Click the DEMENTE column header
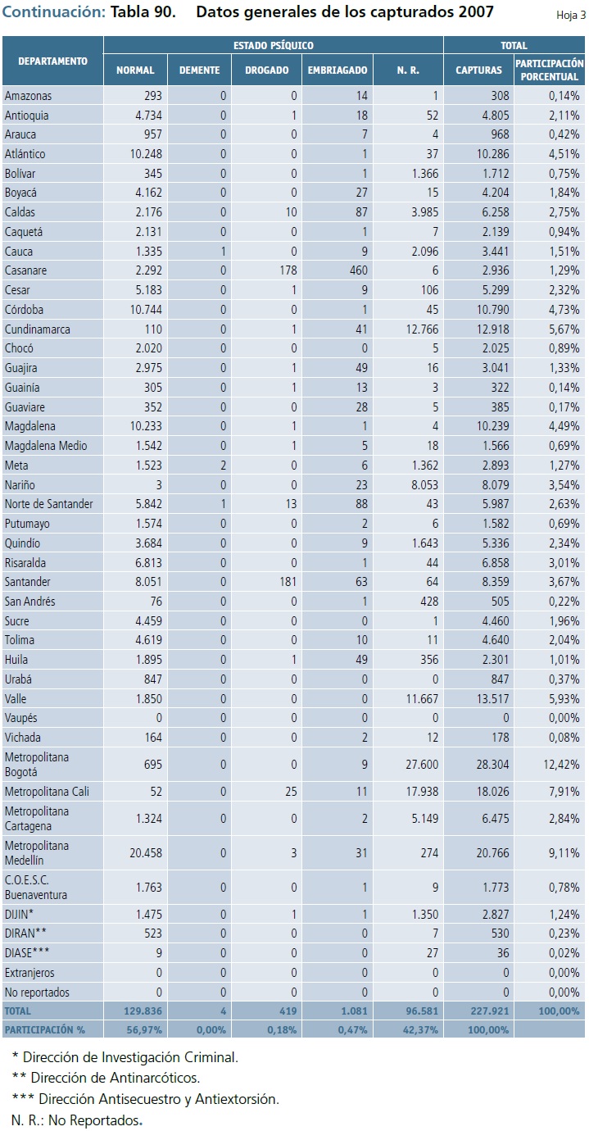199,70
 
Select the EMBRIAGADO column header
338,70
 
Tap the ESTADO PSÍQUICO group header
273,46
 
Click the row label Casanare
25,270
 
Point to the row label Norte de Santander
48,503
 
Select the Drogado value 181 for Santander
277,581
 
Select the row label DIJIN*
19,914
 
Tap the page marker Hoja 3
571,15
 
